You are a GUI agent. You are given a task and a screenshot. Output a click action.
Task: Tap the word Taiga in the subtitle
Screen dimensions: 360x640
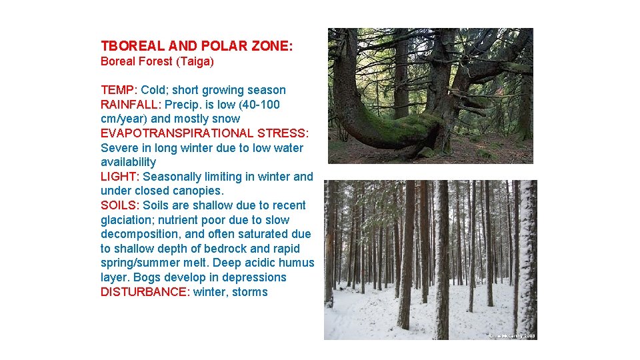(196, 61)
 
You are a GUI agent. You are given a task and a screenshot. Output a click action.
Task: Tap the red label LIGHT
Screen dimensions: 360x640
(119, 177)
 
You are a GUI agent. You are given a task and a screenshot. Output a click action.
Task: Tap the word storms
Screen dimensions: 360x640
(249, 292)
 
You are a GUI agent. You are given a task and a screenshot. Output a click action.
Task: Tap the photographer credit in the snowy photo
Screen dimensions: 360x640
(511, 336)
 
